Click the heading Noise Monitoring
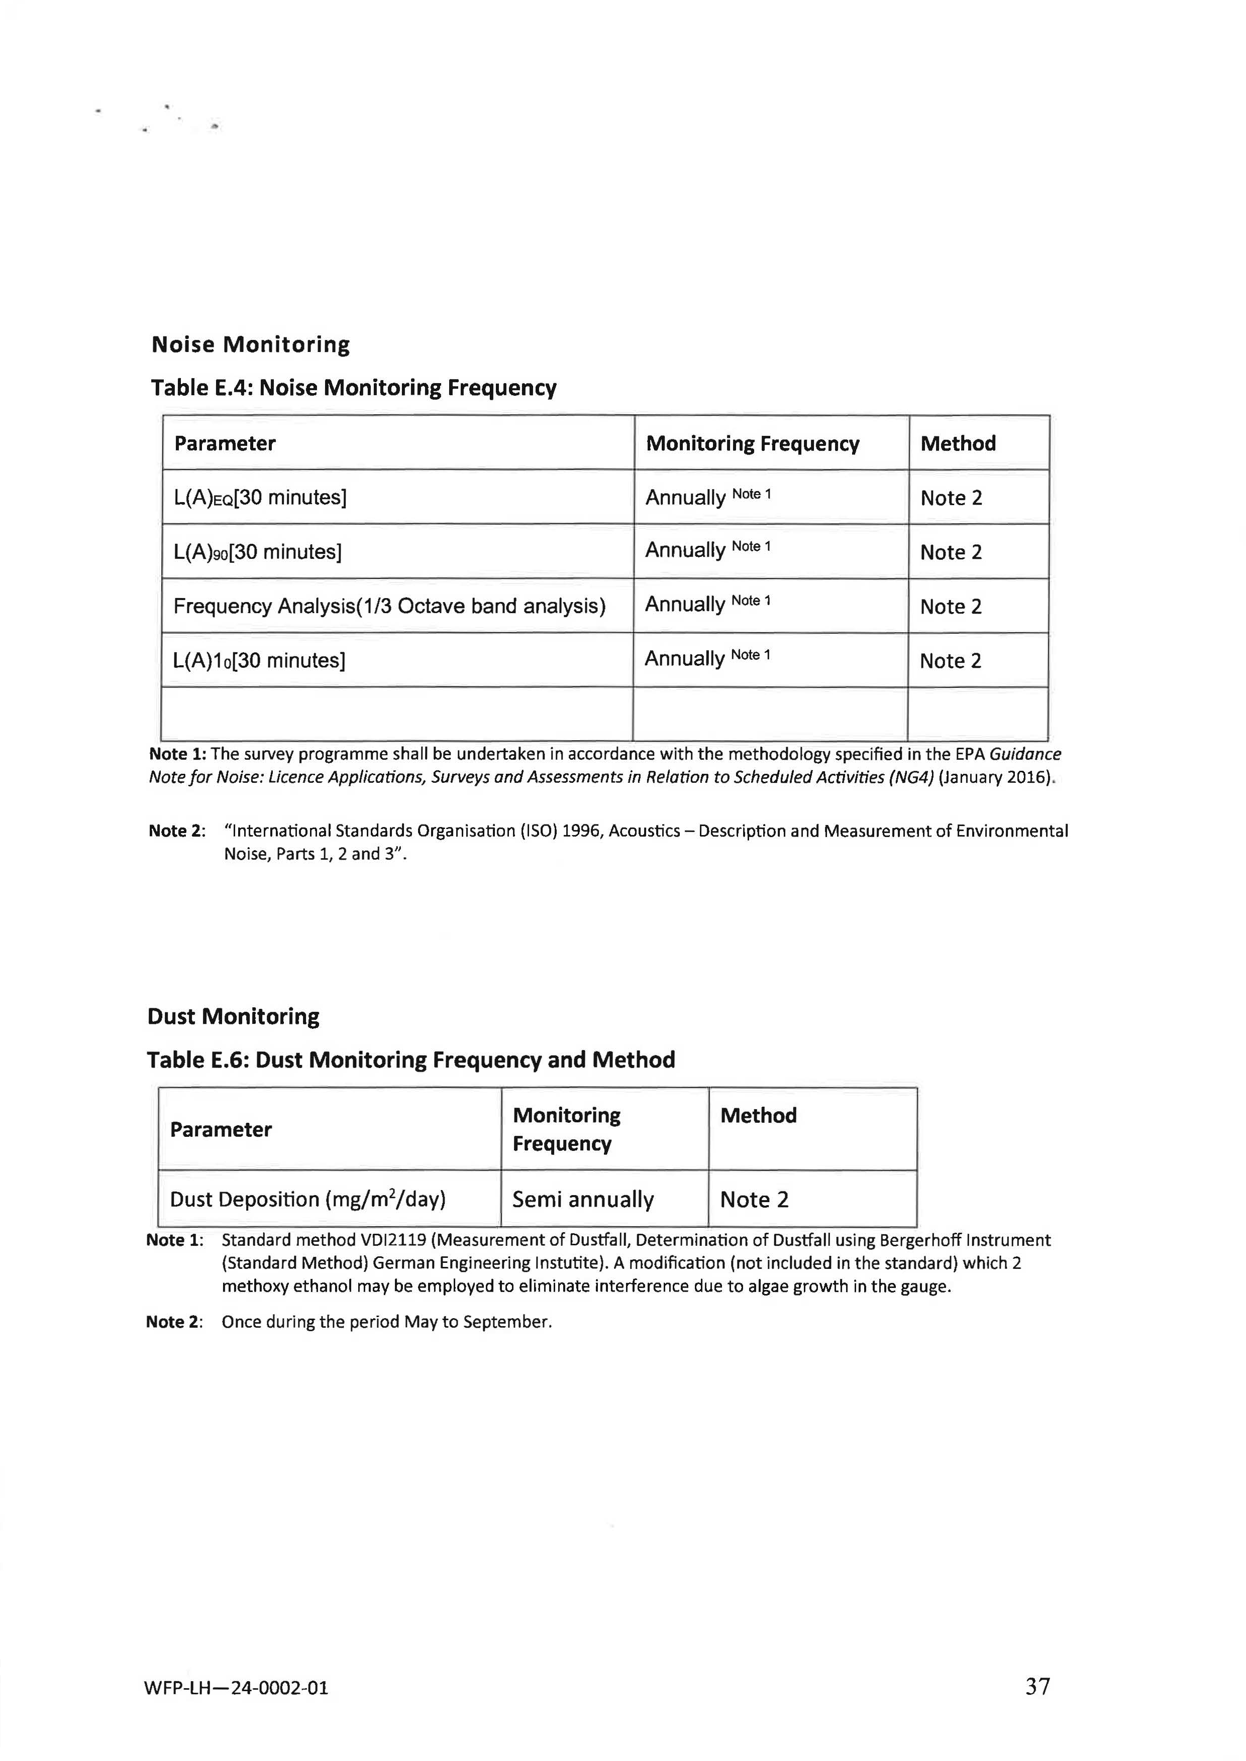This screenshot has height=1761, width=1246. click(x=250, y=344)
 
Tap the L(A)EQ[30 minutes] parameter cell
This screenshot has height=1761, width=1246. click(x=260, y=498)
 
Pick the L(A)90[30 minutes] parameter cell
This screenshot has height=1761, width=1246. click(x=257, y=551)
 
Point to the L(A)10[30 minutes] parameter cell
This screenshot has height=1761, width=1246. click(x=259, y=660)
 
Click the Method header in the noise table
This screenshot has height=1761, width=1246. click(x=958, y=443)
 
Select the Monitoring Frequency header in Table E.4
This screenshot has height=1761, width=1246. click(x=752, y=443)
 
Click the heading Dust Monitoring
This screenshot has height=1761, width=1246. click(x=233, y=1016)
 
